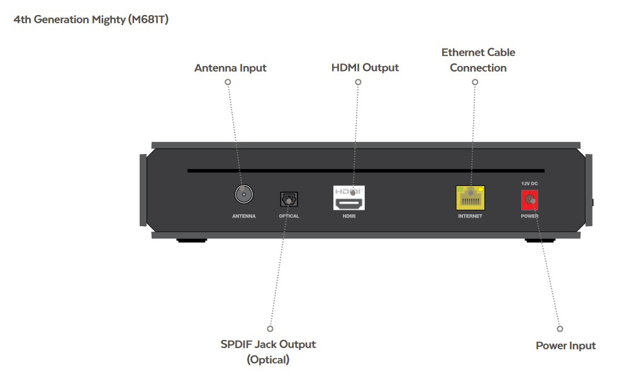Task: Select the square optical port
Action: click(289, 199)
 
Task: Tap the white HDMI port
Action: click(349, 199)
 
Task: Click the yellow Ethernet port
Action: click(470, 198)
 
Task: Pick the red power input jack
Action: click(530, 200)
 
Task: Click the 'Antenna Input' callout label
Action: click(230, 68)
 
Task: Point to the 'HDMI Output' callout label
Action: click(365, 67)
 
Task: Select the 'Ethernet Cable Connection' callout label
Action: click(478, 60)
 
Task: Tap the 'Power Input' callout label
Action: click(565, 346)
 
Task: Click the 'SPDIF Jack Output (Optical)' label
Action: click(268, 352)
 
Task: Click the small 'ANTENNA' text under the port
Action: click(243, 216)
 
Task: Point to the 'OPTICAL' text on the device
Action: click(289, 216)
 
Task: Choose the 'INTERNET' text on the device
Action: click(470, 216)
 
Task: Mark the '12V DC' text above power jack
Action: click(529, 183)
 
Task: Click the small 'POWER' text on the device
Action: click(529, 216)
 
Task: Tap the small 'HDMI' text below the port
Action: click(349, 216)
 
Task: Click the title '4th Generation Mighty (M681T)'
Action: click(91, 19)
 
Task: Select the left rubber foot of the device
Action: click(192, 240)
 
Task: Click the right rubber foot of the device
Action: click(540, 240)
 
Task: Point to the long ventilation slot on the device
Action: click(365, 170)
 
